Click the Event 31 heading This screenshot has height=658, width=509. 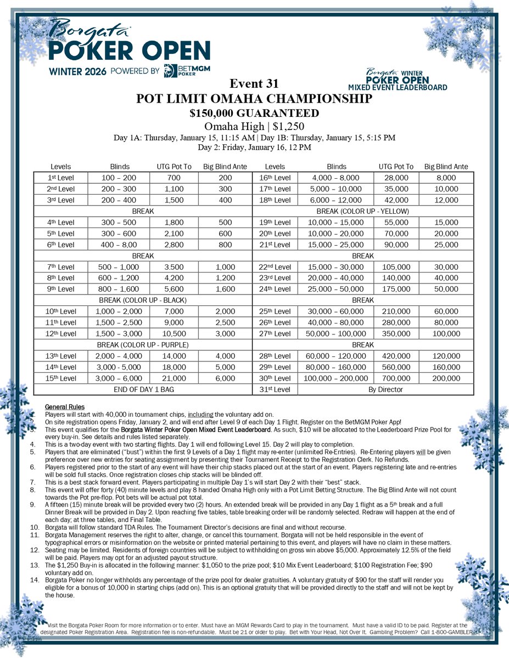(254, 84)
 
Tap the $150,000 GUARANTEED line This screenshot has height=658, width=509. (254, 113)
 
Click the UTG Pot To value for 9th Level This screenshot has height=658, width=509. (177, 289)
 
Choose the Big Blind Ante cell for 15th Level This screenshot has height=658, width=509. (225, 378)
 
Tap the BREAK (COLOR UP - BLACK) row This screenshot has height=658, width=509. (143, 300)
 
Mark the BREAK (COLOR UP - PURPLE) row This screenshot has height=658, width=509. (143, 345)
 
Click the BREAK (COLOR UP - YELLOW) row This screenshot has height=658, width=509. (362, 211)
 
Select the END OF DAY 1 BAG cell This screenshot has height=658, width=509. (143, 389)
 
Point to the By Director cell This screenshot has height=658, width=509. (385, 389)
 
